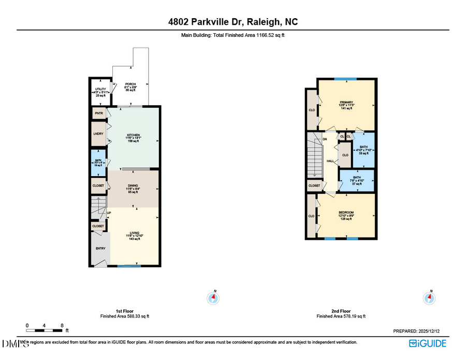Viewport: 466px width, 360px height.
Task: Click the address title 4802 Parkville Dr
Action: click(232, 22)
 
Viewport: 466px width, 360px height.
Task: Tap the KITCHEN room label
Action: click(134, 136)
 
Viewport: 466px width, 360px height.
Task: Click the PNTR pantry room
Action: click(98, 112)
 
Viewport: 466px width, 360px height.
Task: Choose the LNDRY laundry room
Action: click(98, 134)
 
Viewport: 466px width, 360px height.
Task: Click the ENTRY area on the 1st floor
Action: click(100, 249)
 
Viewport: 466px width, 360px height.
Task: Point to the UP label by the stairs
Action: click(109, 213)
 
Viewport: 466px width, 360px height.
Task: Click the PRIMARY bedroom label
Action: click(346, 102)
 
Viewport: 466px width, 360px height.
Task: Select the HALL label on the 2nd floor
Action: click(330, 161)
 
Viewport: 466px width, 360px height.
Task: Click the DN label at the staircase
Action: click(325, 139)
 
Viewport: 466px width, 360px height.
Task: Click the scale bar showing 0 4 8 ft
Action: click(45, 329)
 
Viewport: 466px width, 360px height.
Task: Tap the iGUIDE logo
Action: click(427, 343)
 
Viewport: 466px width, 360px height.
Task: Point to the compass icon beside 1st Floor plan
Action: click(213, 297)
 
